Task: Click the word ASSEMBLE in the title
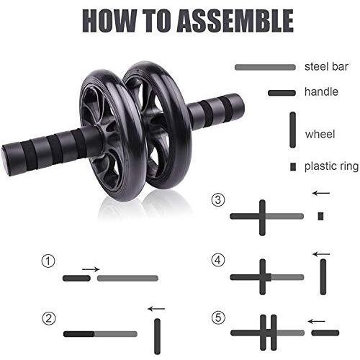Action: pyautogui.click(x=235, y=21)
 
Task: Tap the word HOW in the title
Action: pyautogui.click(x=109, y=21)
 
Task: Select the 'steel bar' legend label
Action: pyautogui.click(x=326, y=67)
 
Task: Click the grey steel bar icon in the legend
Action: pyautogui.click(x=265, y=67)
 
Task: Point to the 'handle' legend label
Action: pyautogui.click(x=321, y=91)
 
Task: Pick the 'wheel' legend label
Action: pyautogui.click(x=320, y=134)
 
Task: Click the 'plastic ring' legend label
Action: pyautogui.click(x=331, y=166)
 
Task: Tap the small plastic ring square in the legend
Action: pyautogui.click(x=293, y=166)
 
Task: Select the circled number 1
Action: pyautogui.click(x=48, y=261)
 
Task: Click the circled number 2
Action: pyautogui.click(x=49, y=318)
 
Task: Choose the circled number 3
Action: pyautogui.click(x=218, y=199)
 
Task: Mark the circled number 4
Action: pyautogui.click(x=218, y=261)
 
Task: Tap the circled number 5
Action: pyautogui.click(x=218, y=318)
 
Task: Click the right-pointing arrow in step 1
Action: pyautogui.click(x=91, y=269)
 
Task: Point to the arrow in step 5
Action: pyautogui.click(x=317, y=321)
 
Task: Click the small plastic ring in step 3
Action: pyautogui.click(x=321, y=216)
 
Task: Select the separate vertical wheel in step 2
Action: pyautogui.click(x=157, y=336)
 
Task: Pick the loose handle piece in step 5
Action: pyautogui.click(x=325, y=333)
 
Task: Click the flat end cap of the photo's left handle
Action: pyautogui.click(x=5, y=160)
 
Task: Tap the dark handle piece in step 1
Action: pyautogui.click(x=76, y=278)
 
